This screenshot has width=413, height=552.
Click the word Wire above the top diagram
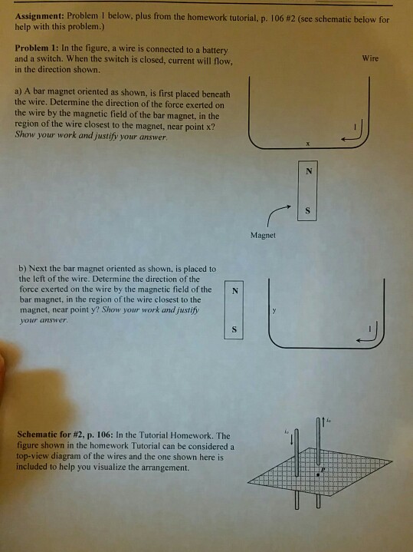370,58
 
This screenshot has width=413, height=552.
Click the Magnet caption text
262,235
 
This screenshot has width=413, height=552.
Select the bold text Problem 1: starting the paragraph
38,48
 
